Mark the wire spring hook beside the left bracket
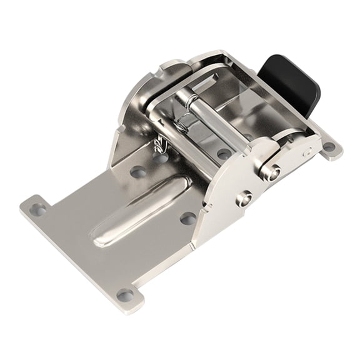tap(161, 147)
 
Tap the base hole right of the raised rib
tap(187, 218)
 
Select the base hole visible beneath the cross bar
tap(223, 152)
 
